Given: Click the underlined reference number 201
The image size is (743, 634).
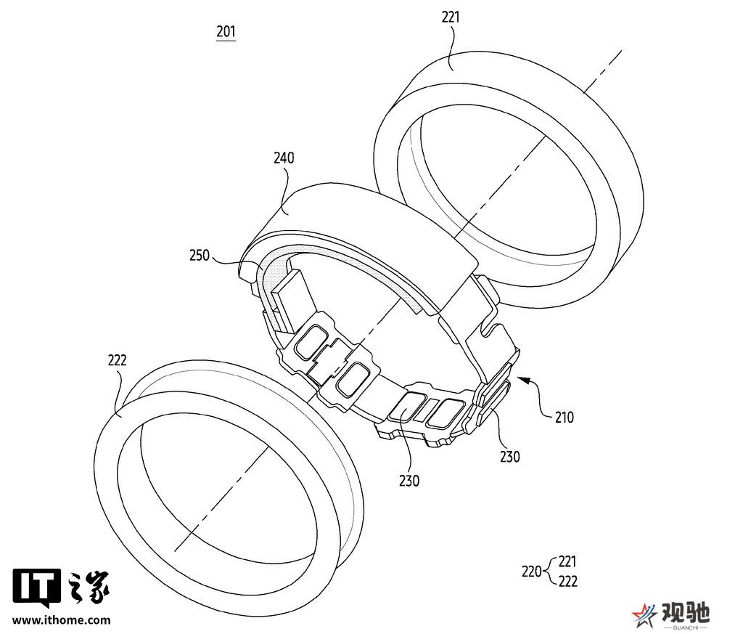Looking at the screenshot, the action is pyautogui.click(x=226, y=32).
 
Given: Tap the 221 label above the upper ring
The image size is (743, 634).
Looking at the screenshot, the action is pyautogui.click(x=451, y=17).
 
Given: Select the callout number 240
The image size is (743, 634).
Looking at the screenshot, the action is pyautogui.click(x=284, y=158).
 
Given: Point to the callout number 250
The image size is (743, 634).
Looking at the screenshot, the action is pyautogui.click(x=199, y=256).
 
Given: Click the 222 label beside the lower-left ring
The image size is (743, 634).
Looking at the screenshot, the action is pyautogui.click(x=117, y=360).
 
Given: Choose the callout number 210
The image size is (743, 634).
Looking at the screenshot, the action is pyautogui.click(x=564, y=418).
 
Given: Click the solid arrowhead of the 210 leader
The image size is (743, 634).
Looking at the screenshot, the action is pyautogui.click(x=523, y=379).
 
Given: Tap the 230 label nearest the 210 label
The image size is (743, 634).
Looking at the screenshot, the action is pyautogui.click(x=510, y=457).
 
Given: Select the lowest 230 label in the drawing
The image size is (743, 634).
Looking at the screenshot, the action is pyautogui.click(x=409, y=481).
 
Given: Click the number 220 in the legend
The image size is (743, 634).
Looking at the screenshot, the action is pyautogui.click(x=532, y=572).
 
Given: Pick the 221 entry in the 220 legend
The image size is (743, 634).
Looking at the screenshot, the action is pyautogui.click(x=567, y=561).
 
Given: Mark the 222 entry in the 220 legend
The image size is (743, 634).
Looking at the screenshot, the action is pyautogui.click(x=567, y=582).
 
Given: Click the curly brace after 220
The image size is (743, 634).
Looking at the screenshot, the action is pyautogui.click(x=550, y=572).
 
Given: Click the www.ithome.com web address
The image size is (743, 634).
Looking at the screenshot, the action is pyautogui.click(x=61, y=619).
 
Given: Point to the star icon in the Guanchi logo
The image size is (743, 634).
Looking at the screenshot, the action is pyautogui.click(x=644, y=615).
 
